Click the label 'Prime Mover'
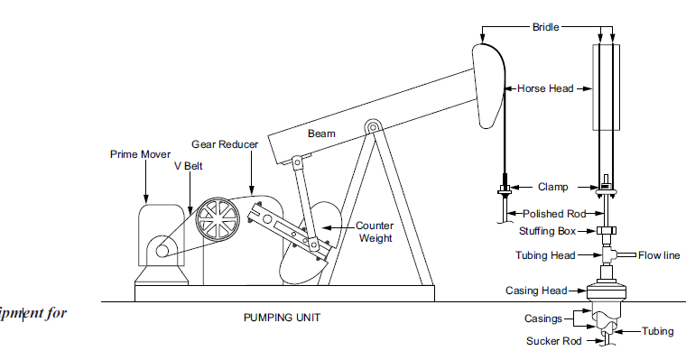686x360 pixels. point(140,154)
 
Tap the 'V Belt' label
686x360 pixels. point(185,166)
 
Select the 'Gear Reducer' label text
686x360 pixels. point(225,144)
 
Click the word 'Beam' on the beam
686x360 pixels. point(322,134)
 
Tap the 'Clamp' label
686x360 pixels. point(553,188)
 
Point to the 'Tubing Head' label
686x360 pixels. point(545,255)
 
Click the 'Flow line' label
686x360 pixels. point(659,255)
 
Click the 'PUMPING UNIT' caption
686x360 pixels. point(282,318)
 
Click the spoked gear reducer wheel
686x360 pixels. point(216,219)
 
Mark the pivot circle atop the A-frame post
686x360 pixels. point(371,127)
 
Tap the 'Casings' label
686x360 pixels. point(543,318)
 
